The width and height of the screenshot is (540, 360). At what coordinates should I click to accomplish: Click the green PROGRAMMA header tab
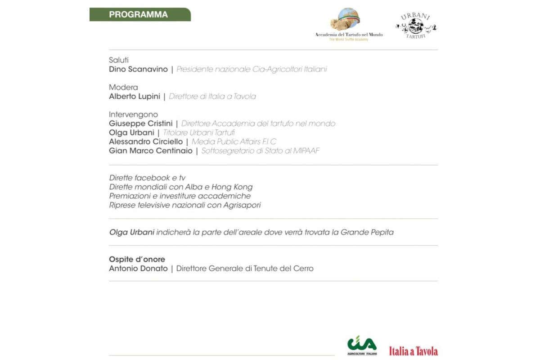(139, 14)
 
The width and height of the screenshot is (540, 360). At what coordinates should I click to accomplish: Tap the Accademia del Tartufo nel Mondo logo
(349, 25)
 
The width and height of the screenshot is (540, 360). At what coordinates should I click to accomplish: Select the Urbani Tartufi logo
(416, 25)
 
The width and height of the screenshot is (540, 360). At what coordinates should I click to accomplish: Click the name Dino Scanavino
(138, 69)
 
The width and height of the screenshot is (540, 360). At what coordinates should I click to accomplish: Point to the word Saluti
(119, 60)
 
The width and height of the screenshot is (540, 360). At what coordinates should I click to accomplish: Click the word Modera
(123, 87)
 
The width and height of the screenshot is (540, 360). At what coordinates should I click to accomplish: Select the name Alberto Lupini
(135, 96)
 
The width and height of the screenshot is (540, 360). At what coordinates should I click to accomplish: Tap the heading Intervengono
(133, 114)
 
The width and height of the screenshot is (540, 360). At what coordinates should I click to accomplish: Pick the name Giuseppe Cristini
(141, 123)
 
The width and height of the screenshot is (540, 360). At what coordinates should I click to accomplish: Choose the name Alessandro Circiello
(146, 142)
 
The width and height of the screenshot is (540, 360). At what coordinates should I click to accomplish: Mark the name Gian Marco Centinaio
(151, 151)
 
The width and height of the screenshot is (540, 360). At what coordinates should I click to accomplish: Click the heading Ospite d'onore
(137, 259)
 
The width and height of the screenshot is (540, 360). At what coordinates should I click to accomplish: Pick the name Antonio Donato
(138, 269)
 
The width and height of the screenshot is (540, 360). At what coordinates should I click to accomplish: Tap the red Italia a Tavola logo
(413, 351)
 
